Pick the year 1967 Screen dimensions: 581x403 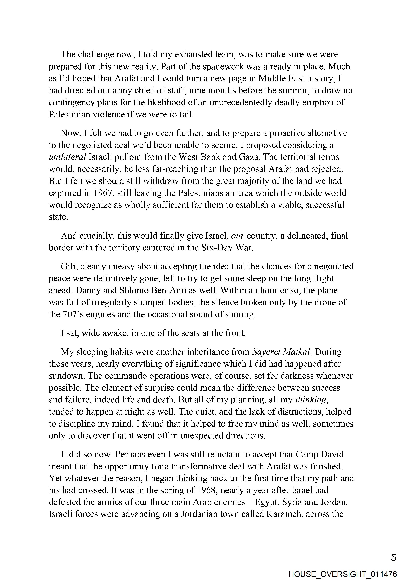[x=103, y=193]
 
